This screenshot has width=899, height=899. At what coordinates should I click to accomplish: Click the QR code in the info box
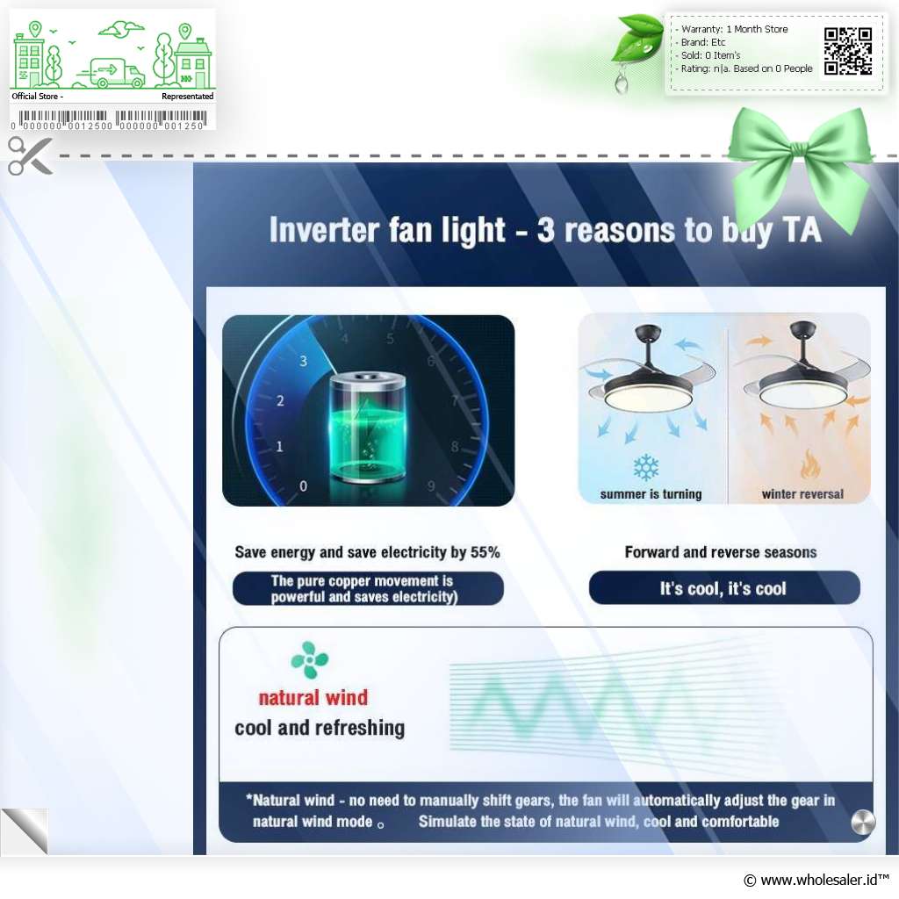(x=848, y=51)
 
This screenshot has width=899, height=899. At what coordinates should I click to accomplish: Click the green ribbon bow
(x=801, y=166)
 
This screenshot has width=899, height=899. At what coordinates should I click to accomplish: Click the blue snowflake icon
(x=646, y=468)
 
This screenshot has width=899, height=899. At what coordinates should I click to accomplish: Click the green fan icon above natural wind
(x=310, y=660)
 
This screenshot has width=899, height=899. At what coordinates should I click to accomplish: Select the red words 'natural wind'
(x=313, y=698)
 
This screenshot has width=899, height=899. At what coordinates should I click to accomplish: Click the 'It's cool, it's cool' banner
(x=724, y=587)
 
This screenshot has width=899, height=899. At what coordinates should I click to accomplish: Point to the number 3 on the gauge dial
(x=303, y=361)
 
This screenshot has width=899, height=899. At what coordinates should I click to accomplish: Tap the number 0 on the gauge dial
(x=303, y=486)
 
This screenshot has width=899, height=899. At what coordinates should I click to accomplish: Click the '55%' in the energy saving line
(x=485, y=552)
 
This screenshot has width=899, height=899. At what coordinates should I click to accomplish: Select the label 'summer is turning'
(x=651, y=494)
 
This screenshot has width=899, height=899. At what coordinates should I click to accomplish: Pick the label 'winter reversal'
(x=802, y=494)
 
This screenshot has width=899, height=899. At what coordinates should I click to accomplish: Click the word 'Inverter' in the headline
(x=324, y=230)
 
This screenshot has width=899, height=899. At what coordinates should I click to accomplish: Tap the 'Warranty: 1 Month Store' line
(x=734, y=29)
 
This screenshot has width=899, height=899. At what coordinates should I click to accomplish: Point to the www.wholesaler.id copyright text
(x=816, y=880)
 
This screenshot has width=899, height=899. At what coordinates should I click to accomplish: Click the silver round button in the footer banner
(x=863, y=822)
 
